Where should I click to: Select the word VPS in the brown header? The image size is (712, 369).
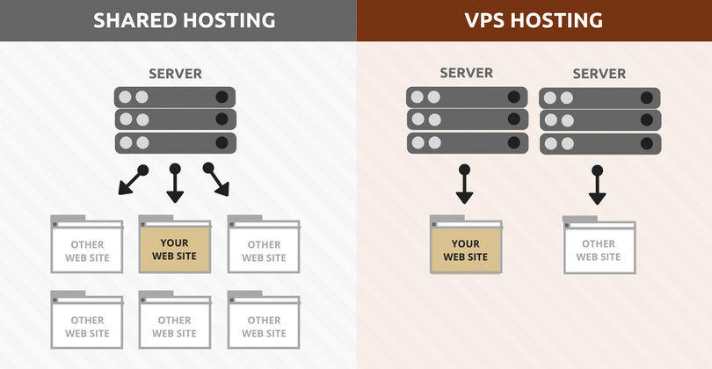tap(490, 20)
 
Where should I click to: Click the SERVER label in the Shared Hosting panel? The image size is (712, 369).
tap(175, 74)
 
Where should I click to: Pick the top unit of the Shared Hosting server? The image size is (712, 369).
tap(175, 97)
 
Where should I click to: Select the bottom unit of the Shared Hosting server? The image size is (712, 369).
tap(175, 141)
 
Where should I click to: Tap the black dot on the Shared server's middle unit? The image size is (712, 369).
tap(222, 119)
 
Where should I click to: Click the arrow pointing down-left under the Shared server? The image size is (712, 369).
tap(131, 180)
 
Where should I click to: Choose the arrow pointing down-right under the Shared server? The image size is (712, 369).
tap(217, 180)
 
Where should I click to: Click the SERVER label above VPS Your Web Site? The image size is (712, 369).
tap(466, 74)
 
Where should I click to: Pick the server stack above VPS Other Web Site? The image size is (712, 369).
tap(599, 120)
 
